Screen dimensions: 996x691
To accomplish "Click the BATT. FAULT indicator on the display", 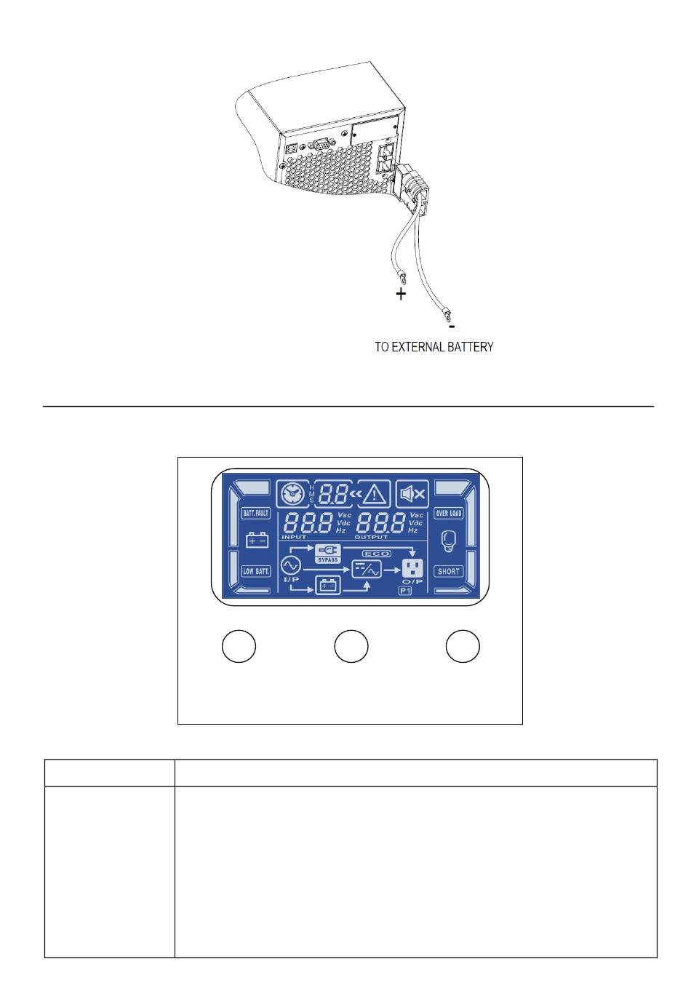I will [255, 513].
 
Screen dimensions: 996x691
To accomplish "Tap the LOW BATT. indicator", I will [255, 571].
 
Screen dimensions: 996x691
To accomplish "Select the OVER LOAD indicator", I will [448, 513].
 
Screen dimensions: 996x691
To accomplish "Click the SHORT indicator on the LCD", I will [448, 571].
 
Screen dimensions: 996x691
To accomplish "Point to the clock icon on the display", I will [292, 494].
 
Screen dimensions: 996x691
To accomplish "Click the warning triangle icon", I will [375, 495].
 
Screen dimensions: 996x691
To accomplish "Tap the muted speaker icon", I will [412, 495].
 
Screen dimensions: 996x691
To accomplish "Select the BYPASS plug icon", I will [327, 552].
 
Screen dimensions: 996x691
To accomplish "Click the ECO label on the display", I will [376, 554].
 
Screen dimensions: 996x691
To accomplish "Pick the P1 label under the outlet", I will [405, 591].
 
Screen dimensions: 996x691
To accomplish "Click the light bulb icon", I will [448, 541].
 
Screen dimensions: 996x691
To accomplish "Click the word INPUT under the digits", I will [295, 537].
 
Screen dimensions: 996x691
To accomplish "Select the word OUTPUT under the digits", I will [371, 537].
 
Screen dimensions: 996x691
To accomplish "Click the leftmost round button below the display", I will [238, 647].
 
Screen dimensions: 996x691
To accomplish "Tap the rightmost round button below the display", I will [463, 647].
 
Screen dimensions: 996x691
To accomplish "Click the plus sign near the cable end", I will [401, 295].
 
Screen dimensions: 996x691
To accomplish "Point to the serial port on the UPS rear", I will [319, 147].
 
